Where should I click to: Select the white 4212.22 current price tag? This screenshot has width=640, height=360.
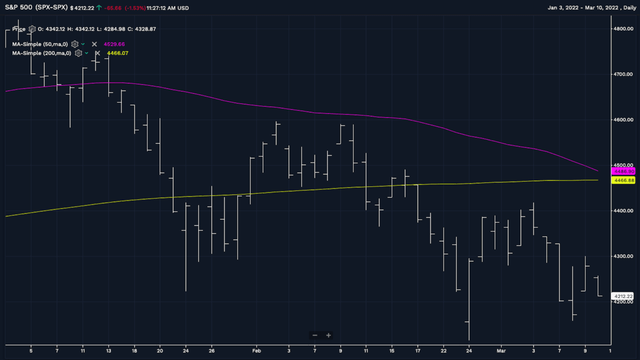pos(623,296)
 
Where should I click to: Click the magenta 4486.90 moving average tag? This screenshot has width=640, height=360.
pos(623,171)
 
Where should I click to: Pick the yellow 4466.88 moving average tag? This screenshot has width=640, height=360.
pos(623,180)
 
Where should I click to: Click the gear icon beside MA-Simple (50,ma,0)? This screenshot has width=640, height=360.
pos(74,44)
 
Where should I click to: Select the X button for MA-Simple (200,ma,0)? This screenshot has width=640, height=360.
pos(97,53)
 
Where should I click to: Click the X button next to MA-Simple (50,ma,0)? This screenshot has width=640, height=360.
pos(94,44)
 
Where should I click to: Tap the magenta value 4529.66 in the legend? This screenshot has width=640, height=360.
pos(114,44)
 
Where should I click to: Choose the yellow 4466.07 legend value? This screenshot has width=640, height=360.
pos(118,53)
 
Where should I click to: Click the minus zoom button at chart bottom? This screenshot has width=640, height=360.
pos(314,335)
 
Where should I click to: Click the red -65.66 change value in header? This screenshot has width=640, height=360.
pos(113,8)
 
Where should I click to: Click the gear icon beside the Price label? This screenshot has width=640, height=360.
pos(32,29)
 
